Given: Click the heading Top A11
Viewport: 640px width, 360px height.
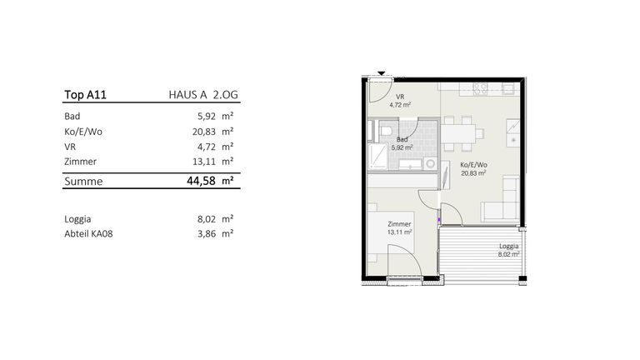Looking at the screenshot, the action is [85, 95].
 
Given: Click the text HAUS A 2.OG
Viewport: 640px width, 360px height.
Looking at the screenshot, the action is [203, 95].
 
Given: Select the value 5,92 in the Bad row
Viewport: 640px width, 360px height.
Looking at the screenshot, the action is [207, 117].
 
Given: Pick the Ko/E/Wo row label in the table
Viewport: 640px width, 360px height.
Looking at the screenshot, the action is [83, 132].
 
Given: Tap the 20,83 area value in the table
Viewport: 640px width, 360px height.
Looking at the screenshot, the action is [204, 132].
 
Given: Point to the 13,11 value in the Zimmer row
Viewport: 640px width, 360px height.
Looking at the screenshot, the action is [204, 162].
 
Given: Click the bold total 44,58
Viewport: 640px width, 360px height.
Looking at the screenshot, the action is [201, 181].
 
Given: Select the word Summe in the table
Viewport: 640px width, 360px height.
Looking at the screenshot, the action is [83, 181].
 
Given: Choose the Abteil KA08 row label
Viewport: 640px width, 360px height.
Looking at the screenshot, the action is [88, 234].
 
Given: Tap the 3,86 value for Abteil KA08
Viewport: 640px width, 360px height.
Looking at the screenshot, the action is [207, 234].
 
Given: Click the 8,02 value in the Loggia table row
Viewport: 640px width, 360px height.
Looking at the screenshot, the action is [207, 219].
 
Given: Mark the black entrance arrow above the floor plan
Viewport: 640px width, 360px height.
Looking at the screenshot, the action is [381, 73].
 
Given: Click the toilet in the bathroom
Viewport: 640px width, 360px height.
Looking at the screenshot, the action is [385, 131].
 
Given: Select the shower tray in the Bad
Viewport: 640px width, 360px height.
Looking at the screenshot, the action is [378, 156].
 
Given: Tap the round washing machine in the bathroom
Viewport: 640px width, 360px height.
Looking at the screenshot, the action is [430, 163].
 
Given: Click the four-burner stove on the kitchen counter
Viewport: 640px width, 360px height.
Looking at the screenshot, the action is [480, 89].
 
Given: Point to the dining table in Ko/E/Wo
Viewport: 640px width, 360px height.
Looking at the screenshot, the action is [458, 133].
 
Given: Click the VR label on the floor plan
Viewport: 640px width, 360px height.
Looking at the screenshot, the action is [400, 97].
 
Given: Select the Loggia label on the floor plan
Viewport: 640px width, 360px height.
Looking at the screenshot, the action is [509, 246].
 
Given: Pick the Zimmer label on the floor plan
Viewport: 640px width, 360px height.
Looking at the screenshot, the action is [400, 224].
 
